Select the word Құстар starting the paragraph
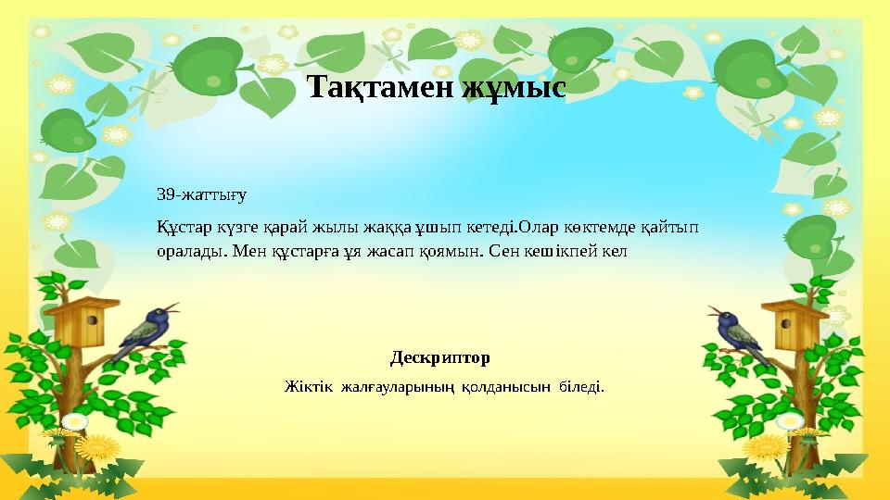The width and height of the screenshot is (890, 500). (x=182, y=228)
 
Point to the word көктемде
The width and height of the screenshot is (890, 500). (x=593, y=228)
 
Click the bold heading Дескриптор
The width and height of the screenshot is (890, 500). (x=440, y=357)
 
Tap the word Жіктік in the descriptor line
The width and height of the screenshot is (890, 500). (x=306, y=385)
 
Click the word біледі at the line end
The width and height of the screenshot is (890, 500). (x=580, y=385)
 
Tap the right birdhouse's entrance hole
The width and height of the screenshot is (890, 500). (x=795, y=321)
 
